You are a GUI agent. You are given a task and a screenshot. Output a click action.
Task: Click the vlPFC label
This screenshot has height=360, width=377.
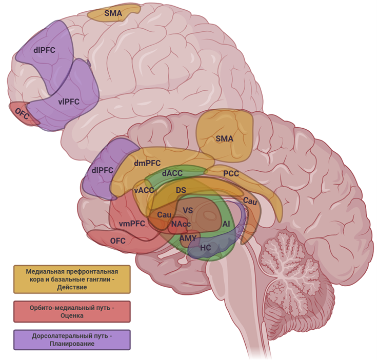pyautogui.click(x=69, y=102)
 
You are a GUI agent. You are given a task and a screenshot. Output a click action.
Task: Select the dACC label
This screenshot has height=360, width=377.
pyautogui.click(x=172, y=173)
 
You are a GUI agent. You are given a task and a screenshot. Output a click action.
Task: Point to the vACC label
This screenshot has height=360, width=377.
pyautogui.click(x=144, y=190)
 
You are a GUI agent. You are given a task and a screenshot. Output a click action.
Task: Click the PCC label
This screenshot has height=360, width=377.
pyautogui.click(x=231, y=174)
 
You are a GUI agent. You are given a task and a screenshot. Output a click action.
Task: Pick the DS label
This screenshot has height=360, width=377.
pyautogui.click(x=181, y=190)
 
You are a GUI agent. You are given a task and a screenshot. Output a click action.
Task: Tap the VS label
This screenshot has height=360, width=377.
pyautogui.click(x=188, y=210)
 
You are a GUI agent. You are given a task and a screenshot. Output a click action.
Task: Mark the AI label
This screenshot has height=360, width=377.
pyautogui.click(x=226, y=224)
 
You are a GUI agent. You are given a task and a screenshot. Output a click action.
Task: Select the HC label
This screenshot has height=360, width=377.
pyautogui.click(x=205, y=247)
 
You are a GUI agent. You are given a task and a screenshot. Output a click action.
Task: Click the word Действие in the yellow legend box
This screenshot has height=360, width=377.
pyautogui.click(x=72, y=288)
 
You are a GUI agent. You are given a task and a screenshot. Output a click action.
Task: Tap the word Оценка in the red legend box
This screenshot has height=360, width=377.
pyautogui.click(x=72, y=316)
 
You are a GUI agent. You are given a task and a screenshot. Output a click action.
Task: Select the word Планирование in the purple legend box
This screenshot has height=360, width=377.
pyautogui.click(x=72, y=344)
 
